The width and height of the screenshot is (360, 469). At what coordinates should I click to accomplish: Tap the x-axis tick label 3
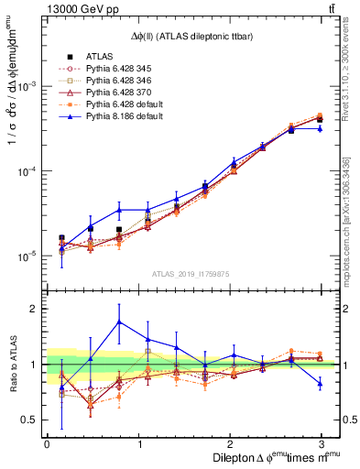pyautogui.click(x=321, y=443)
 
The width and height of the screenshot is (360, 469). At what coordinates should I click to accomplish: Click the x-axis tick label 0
pyautogui.click(x=47, y=443)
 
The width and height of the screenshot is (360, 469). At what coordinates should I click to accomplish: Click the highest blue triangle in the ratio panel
pyautogui.click(x=119, y=322)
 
